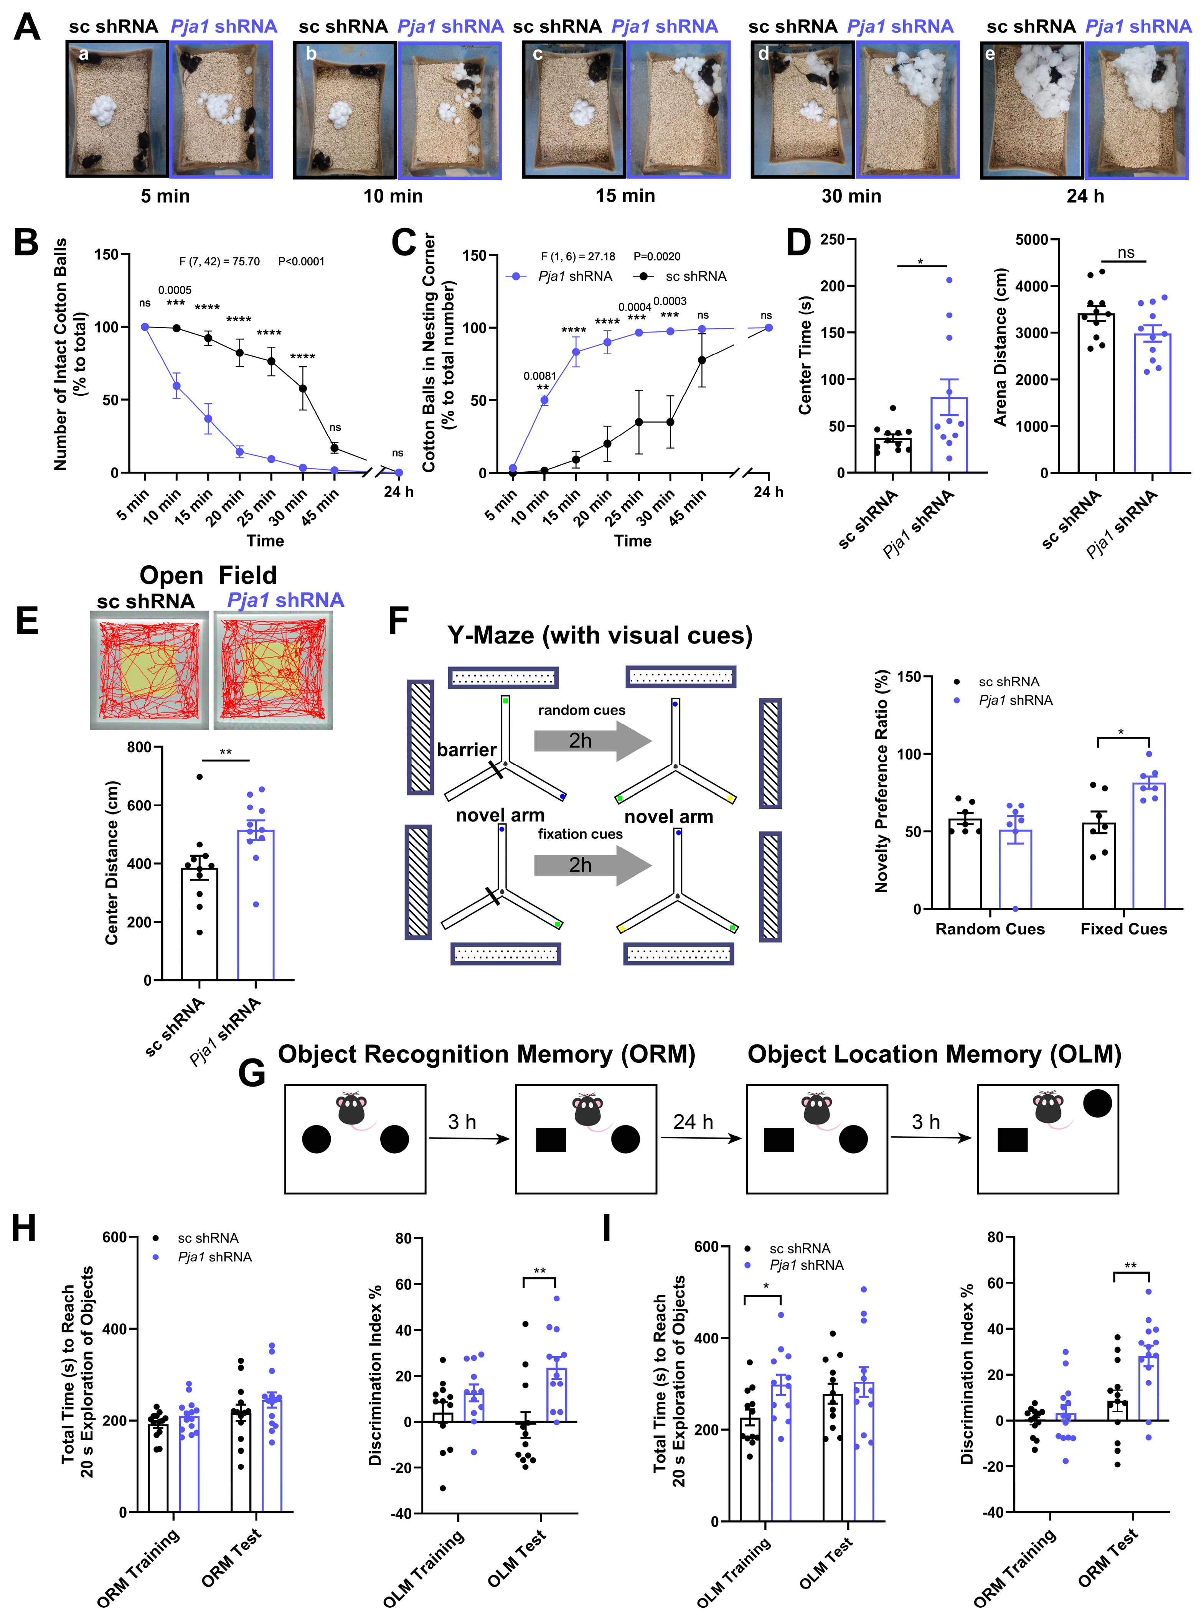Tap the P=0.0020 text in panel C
click(x=656, y=257)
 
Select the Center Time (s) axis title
click(x=805, y=356)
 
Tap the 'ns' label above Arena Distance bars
click(x=1126, y=253)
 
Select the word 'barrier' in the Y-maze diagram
click(x=467, y=749)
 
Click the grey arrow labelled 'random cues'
click(x=592, y=741)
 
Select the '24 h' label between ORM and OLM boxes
click(x=693, y=1122)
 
